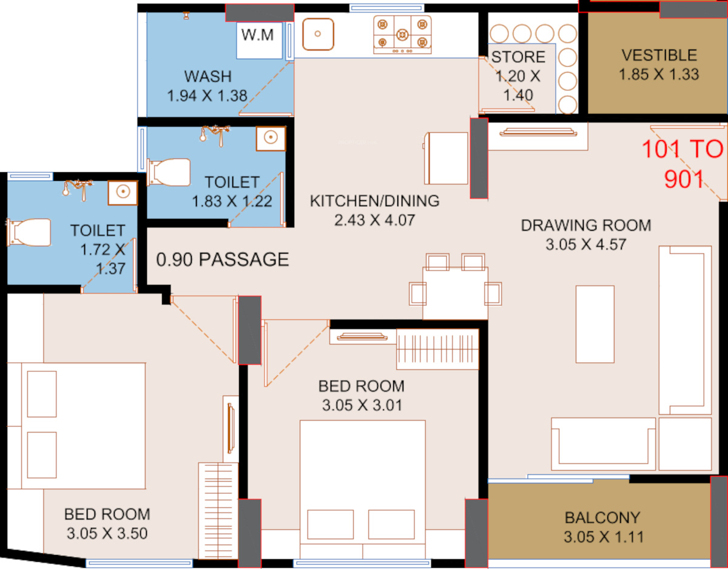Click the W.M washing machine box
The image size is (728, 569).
[259, 41]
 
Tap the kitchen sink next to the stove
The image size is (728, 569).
[318, 34]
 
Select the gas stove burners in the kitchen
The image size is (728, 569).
[402, 35]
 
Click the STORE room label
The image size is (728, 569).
[518, 57]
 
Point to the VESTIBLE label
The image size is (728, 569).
[659, 55]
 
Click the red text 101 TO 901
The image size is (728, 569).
[683, 164]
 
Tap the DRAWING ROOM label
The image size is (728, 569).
[586, 226]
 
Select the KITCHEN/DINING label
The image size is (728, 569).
[374, 201]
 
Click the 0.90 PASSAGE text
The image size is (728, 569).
[223, 260]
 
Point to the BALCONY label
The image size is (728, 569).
[602, 518]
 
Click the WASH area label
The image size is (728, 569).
[207, 76]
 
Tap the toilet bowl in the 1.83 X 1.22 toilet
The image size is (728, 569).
[169, 172]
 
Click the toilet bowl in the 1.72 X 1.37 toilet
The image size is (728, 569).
[29, 232]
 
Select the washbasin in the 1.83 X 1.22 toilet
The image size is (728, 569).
[271, 138]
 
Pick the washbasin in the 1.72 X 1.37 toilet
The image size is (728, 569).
[123, 192]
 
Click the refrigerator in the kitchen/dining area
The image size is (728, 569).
[445, 158]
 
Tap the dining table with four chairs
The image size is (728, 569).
[455, 287]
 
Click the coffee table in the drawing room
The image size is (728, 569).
[595, 324]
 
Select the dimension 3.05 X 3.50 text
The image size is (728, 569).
[107, 533]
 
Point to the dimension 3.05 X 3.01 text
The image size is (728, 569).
[362, 406]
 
